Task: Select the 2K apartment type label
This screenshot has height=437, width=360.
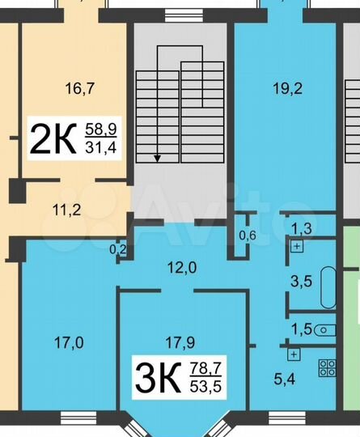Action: click(x=53, y=138)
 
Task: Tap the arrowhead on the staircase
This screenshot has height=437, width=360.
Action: click(x=157, y=159)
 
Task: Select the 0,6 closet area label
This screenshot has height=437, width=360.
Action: click(x=248, y=235)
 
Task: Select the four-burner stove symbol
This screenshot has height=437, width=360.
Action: click(x=328, y=367)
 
